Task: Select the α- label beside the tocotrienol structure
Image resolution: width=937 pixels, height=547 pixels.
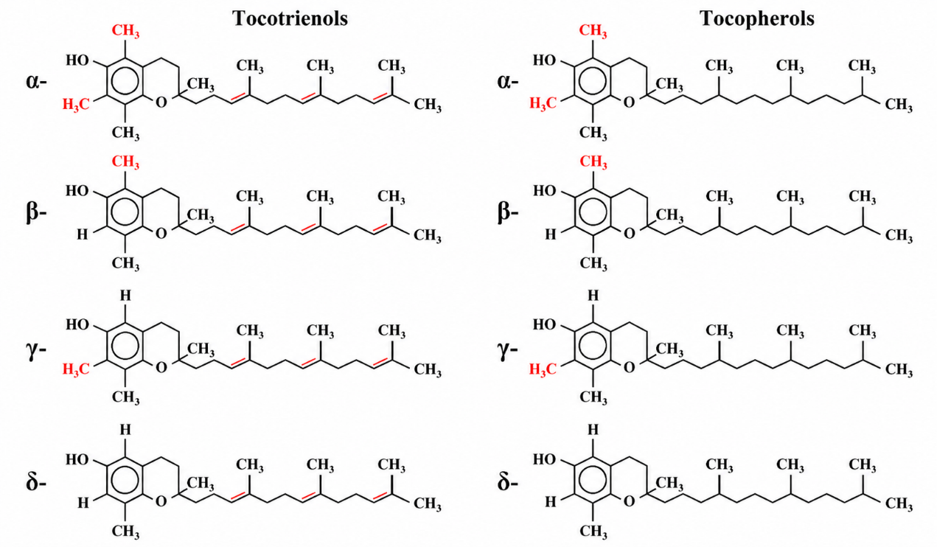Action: pyautogui.click(x=36, y=81)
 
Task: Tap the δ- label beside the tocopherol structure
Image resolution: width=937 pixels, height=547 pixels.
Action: pyautogui.click(x=508, y=483)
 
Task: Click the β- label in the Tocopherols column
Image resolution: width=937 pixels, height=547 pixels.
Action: pyautogui.click(x=508, y=212)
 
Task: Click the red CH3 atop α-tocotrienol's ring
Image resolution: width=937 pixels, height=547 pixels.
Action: pyautogui.click(x=125, y=32)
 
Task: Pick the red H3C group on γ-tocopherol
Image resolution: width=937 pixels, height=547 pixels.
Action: pyautogui.click(x=543, y=369)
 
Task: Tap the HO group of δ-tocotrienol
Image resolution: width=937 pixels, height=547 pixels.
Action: pyautogui.click(x=77, y=459)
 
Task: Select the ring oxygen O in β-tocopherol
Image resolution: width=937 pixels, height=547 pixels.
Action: pyautogui.click(x=629, y=234)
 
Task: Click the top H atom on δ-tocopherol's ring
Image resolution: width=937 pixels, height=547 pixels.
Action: pyautogui.click(x=593, y=430)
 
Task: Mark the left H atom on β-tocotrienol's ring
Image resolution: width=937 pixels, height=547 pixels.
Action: pyautogui.click(x=83, y=234)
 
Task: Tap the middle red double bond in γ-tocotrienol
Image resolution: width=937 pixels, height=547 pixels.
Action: pyautogui.click(x=310, y=362)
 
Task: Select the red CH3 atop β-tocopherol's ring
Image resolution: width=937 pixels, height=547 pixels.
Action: pyautogui.click(x=593, y=163)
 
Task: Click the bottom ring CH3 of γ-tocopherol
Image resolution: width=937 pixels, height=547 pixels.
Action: pyautogui.click(x=593, y=397)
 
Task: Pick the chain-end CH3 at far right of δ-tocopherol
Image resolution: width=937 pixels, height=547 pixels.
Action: pyautogui.click(x=899, y=504)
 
